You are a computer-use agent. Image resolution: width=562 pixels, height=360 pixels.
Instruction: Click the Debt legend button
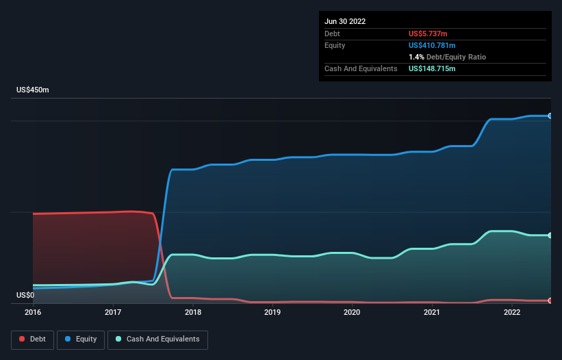pyautogui.click(x=31, y=339)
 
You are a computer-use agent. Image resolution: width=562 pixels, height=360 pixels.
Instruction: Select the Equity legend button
pyautogui.click(x=81, y=339)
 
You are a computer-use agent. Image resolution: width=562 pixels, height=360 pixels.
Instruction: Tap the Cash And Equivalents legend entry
pyautogui.click(x=157, y=339)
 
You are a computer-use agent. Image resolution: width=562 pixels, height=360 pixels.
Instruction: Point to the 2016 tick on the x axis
pyautogui.click(x=33, y=312)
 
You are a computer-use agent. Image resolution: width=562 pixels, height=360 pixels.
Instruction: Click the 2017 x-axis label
pyautogui.click(x=113, y=312)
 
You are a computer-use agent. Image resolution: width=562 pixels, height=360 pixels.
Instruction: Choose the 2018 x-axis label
pyautogui.click(x=193, y=312)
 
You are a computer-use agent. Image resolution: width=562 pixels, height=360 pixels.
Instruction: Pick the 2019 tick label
pyautogui.click(x=272, y=312)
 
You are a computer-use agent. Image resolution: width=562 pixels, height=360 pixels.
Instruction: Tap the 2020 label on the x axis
pyautogui.click(x=352, y=312)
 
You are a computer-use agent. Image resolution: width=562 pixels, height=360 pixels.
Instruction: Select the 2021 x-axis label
pyautogui.click(x=432, y=312)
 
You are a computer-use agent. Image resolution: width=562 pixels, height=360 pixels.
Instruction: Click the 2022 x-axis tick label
pyautogui.click(x=511, y=312)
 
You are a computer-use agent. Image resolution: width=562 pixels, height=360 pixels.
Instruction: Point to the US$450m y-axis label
pyautogui.click(x=34, y=90)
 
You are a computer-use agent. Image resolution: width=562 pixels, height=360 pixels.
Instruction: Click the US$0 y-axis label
pyautogui.click(x=25, y=295)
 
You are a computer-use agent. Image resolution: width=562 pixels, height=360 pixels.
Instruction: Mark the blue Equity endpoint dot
pyautogui.click(x=550, y=116)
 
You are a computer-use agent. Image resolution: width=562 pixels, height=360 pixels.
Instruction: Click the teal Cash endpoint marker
pyautogui.click(x=550, y=235)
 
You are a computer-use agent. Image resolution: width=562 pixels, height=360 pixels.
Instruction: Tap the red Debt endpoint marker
pyautogui.click(x=550, y=300)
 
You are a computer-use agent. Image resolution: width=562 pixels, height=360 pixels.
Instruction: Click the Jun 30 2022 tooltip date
pyautogui.click(x=345, y=21)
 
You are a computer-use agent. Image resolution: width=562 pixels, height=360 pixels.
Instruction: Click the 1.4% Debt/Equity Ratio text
pyautogui.click(x=447, y=57)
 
